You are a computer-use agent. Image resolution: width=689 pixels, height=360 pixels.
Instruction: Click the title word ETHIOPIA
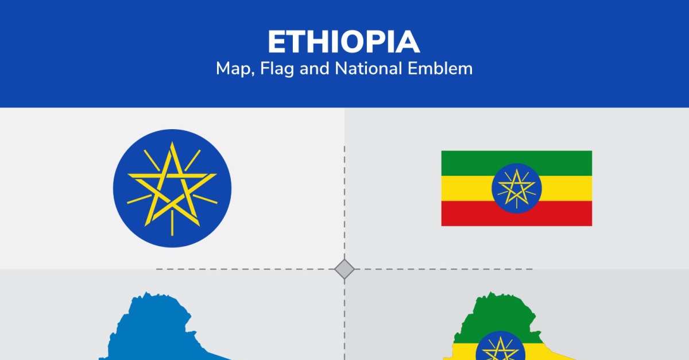344,42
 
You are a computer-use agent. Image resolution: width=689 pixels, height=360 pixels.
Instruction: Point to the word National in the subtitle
368,68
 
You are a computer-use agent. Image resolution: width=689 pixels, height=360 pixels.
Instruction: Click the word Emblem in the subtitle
440,68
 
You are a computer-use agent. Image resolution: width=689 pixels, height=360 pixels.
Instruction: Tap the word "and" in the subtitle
314,68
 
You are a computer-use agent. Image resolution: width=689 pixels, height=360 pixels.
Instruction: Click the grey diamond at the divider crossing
344,269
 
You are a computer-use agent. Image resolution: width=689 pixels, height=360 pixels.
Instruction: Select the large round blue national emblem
172,188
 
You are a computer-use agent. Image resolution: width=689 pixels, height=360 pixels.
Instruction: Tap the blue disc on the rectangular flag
517,188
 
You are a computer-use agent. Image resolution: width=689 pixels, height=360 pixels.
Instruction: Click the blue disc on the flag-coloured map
501,348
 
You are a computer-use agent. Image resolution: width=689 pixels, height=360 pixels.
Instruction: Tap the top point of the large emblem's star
172,143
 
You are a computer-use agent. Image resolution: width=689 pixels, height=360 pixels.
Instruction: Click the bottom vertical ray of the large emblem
172,223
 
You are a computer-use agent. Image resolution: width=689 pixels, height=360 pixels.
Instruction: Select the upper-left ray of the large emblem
152,160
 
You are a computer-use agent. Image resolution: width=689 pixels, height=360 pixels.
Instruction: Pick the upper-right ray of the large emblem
192,160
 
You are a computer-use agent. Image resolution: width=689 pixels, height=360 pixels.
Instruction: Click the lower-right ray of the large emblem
205,199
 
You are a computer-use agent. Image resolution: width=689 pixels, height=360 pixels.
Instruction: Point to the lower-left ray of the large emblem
140,199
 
